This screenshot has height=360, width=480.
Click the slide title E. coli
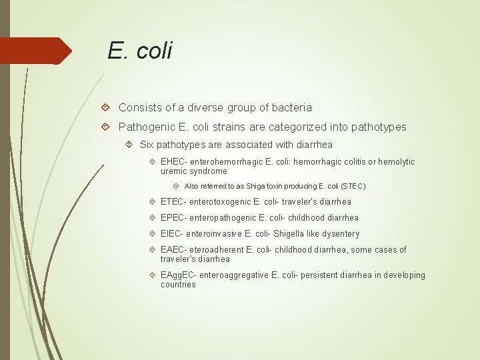tap(140, 50)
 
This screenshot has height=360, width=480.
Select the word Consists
tap(138, 107)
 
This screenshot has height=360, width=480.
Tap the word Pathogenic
tap(144, 127)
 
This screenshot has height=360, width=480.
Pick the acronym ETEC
tap(173, 202)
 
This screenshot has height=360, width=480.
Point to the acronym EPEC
tap(173, 218)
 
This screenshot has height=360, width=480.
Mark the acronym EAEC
tap(173, 250)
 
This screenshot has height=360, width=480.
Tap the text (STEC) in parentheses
tap(353, 187)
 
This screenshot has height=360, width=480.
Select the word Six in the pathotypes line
tap(147, 145)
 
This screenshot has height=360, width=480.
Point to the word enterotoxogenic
tap(223, 202)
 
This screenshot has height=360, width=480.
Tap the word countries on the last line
tap(178, 285)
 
